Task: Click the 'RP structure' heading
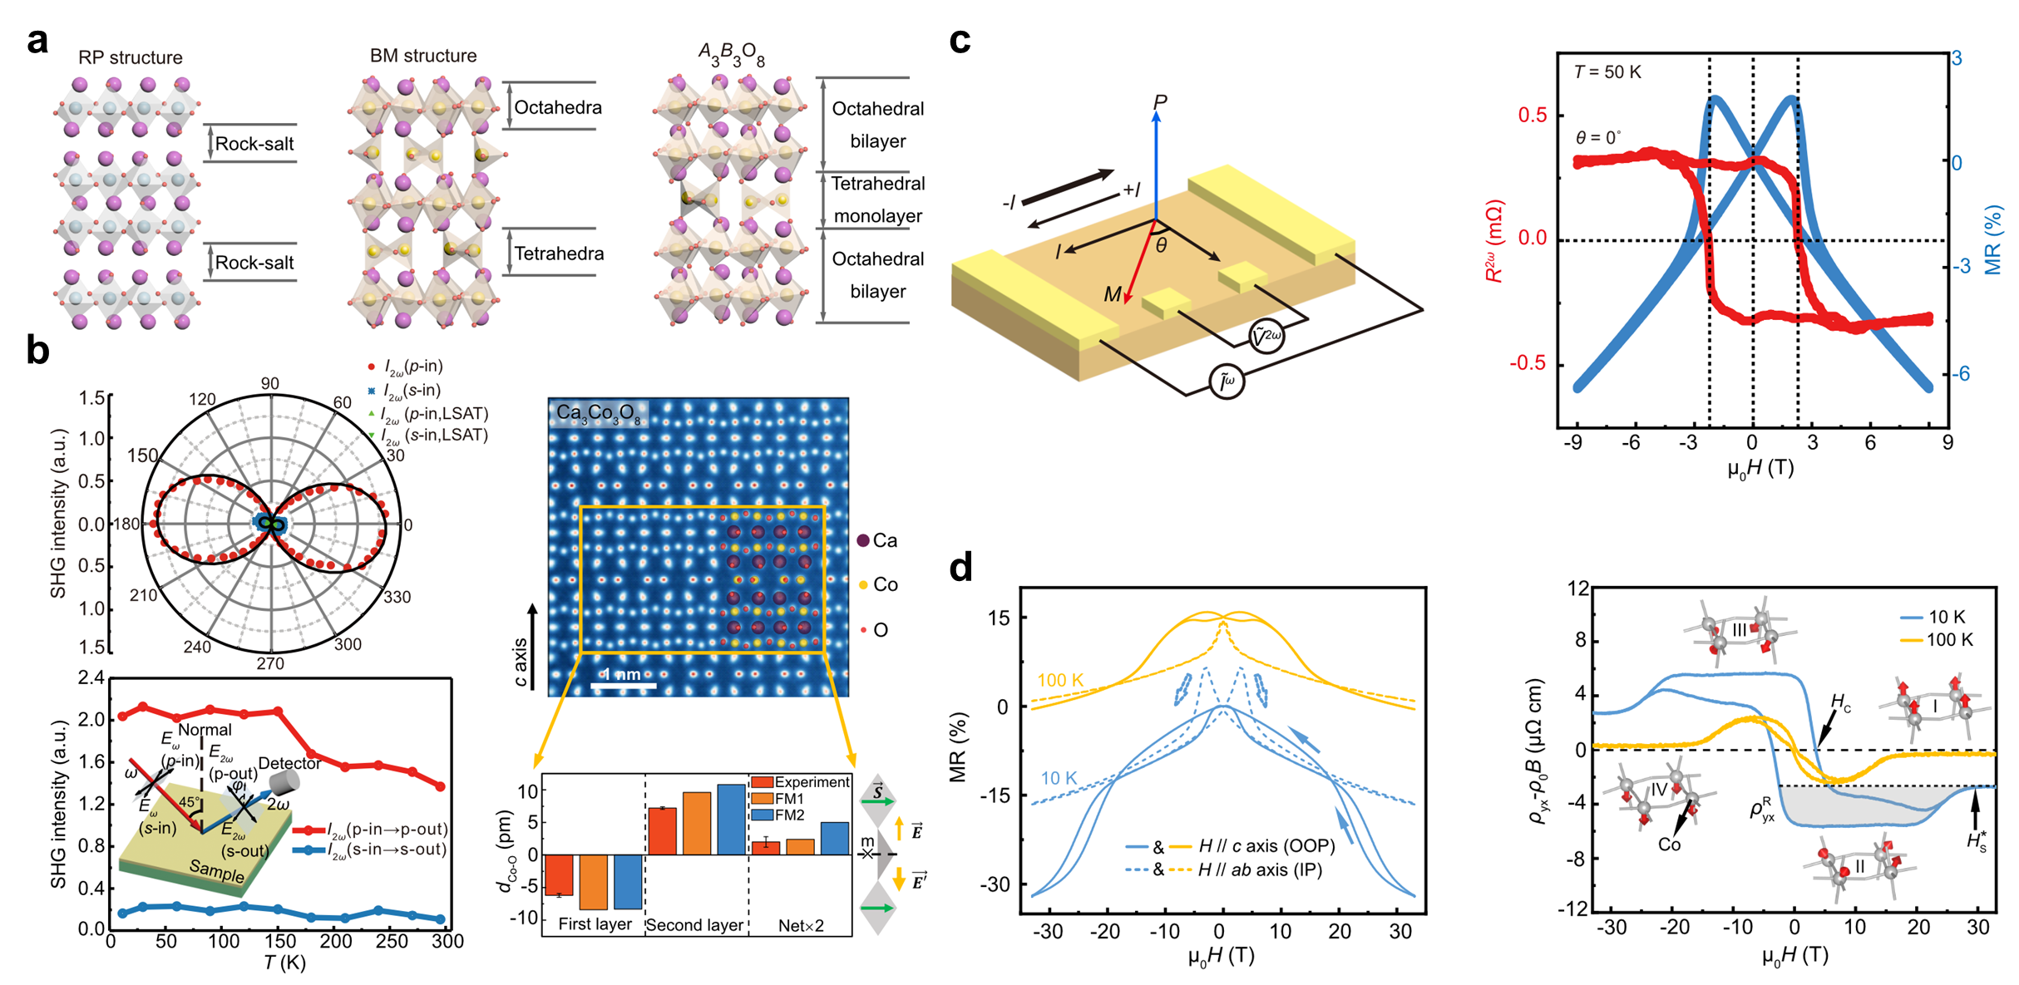click(x=131, y=57)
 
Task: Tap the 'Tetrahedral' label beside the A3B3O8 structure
click(x=878, y=184)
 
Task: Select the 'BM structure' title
click(x=423, y=56)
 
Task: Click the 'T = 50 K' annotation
click(x=1607, y=72)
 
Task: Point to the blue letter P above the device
click(x=1160, y=102)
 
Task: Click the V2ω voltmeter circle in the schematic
click(x=1266, y=336)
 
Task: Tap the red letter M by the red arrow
click(x=1112, y=294)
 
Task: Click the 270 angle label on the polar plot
click(x=270, y=663)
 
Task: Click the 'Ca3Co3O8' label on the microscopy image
click(x=599, y=413)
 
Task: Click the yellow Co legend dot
click(x=863, y=585)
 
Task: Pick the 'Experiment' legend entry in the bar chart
click(x=811, y=782)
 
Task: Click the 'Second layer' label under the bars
click(x=695, y=925)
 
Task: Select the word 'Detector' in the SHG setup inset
click(x=289, y=763)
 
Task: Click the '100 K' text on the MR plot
click(x=1060, y=680)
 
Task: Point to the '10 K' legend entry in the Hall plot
click(x=1947, y=617)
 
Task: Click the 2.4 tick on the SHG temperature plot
click(x=91, y=678)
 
